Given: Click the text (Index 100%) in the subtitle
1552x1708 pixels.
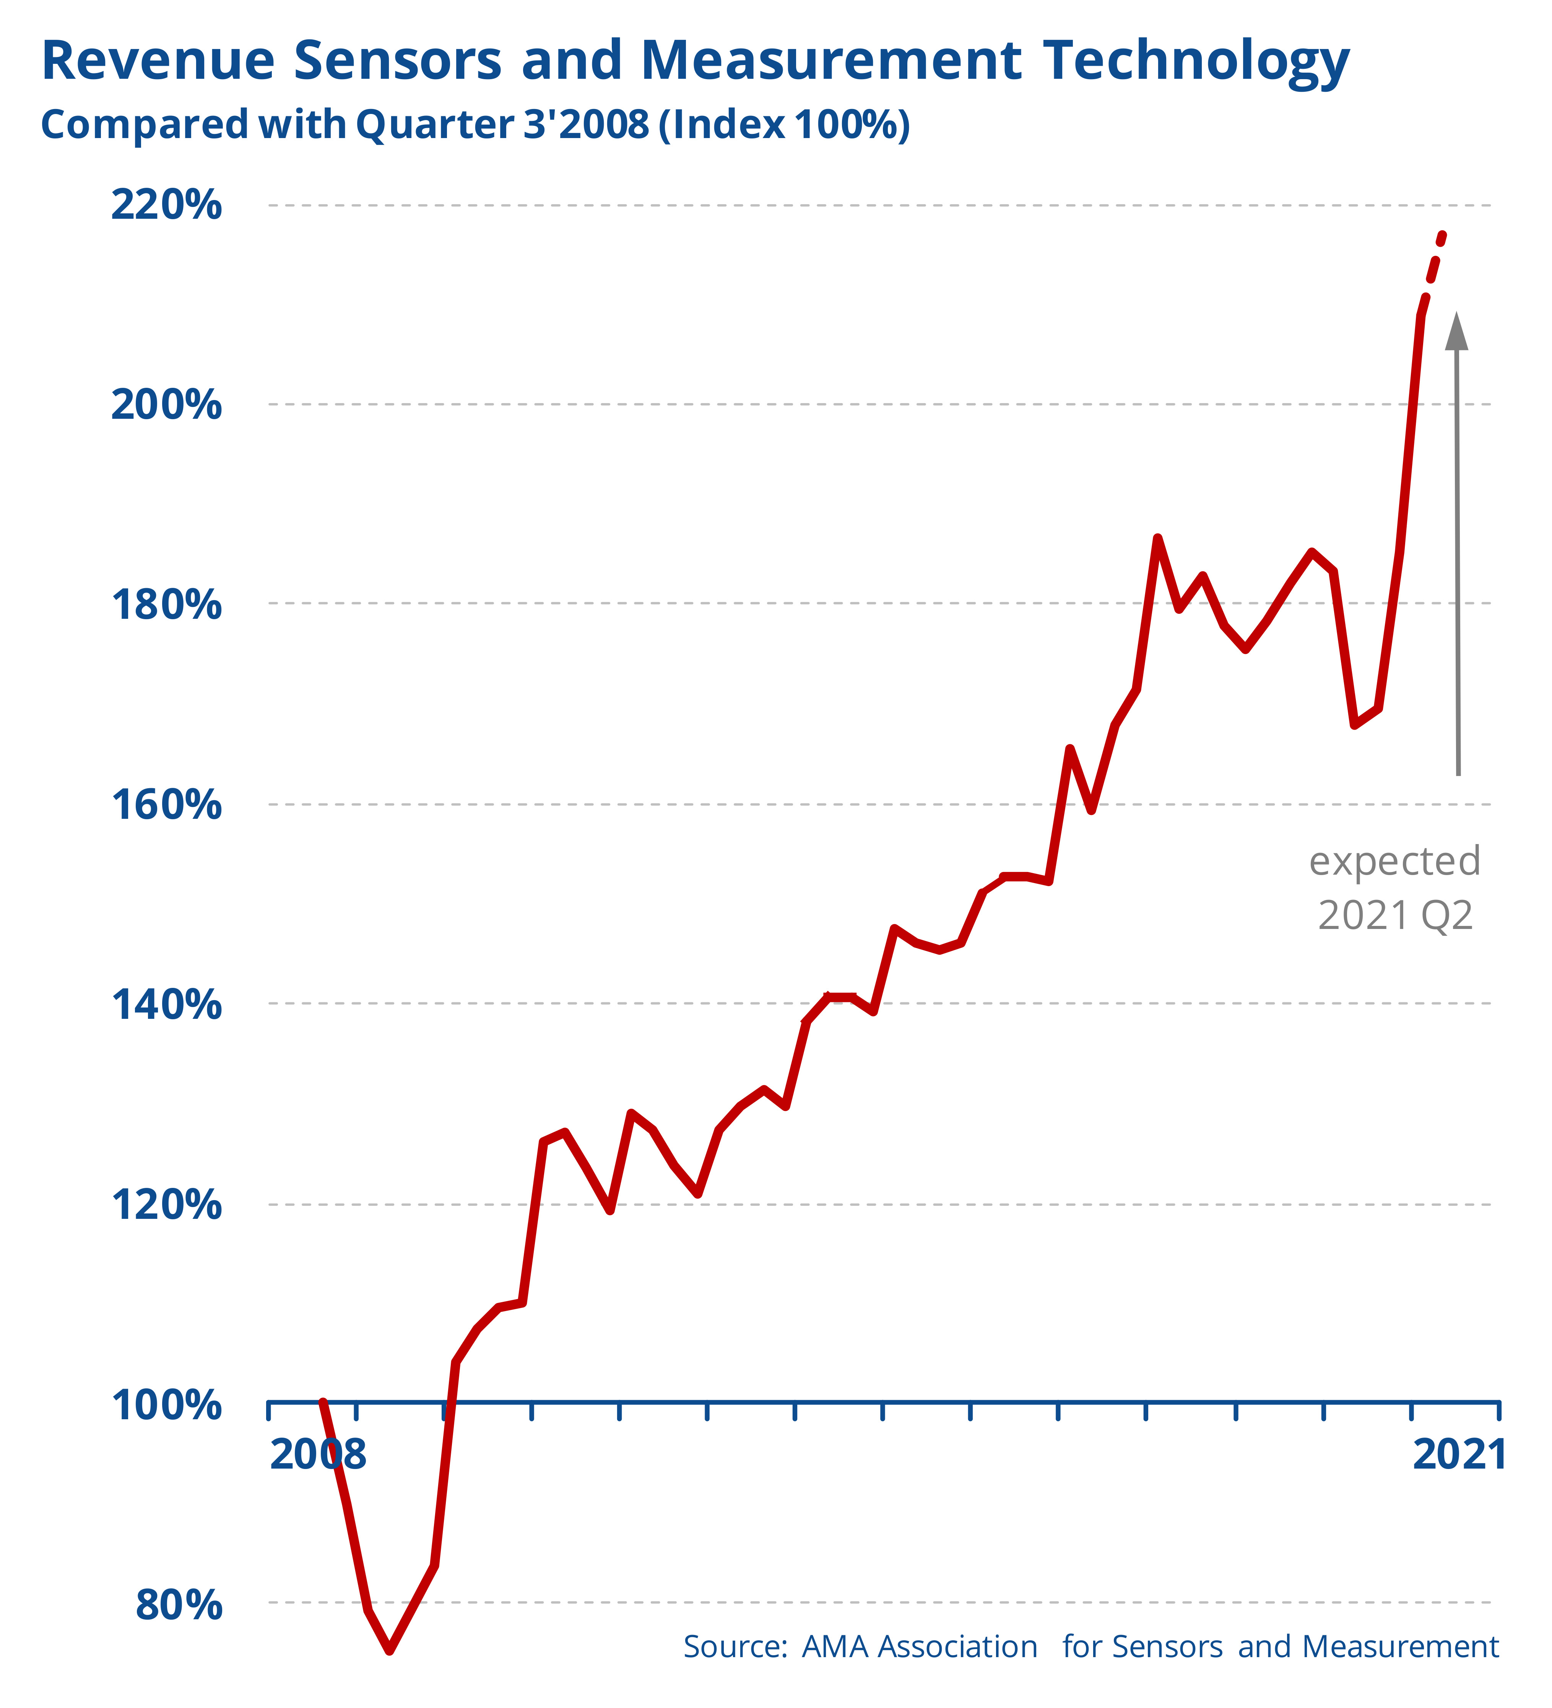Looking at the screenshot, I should point(783,125).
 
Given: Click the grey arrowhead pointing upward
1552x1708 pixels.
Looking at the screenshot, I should point(1456,330).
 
